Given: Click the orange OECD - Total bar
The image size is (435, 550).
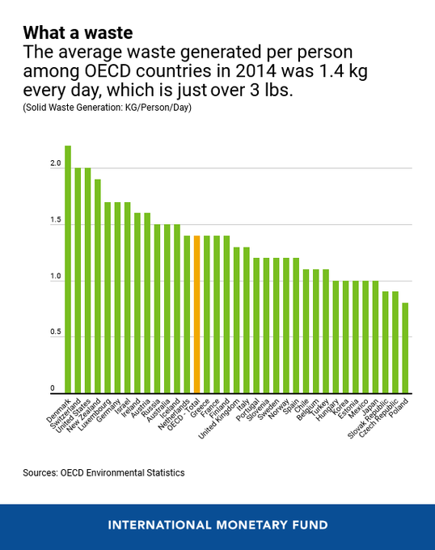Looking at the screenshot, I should tap(197, 315).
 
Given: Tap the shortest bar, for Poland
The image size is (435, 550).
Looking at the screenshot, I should tap(405, 348).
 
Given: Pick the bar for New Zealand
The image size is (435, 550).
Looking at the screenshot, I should tap(98, 286).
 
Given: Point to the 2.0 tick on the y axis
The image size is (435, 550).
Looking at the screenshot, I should tap(55, 164).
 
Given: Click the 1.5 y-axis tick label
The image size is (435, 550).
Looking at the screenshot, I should tap(55, 221).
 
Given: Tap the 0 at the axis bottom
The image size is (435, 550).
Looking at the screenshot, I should tap(53, 389).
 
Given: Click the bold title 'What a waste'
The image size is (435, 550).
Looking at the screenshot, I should tap(78, 33).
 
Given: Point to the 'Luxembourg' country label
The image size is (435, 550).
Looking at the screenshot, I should tap(92, 413).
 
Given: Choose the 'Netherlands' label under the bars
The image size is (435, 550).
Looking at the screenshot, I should tap(173, 414).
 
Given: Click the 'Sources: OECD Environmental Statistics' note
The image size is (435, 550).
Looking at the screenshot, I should tap(103, 472).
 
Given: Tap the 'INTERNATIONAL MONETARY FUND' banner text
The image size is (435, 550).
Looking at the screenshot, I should tap(217, 525).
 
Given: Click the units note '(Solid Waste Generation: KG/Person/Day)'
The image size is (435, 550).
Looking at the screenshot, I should tap(107, 108).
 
